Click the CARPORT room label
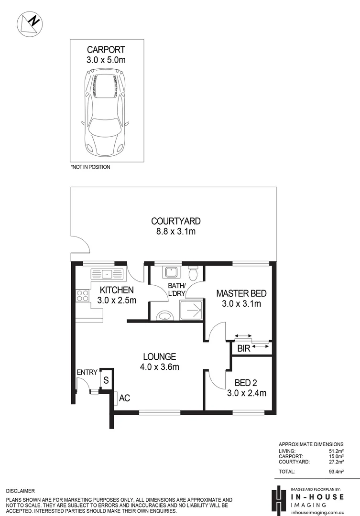pyautogui.click(x=106, y=50)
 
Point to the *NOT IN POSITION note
pyautogui.click(x=90, y=167)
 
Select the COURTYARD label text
pyautogui.click(x=176, y=221)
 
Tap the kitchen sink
pyautogui.click(x=107, y=274)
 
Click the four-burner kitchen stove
pyautogui.click(x=82, y=296)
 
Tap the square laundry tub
pyautogui.click(x=171, y=272)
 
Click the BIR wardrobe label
pyautogui.click(x=244, y=348)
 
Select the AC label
pyautogui.click(x=124, y=398)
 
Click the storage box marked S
pyautogui.click(x=107, y=379)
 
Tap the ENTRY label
pyautogui.click(x=87, y=372)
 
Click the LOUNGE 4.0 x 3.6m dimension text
pyautogui.click(x=159, y=366)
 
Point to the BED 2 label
pyautogui.click(x=246, y=383)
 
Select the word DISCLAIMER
pyautogui.click(x=21, y=491)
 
